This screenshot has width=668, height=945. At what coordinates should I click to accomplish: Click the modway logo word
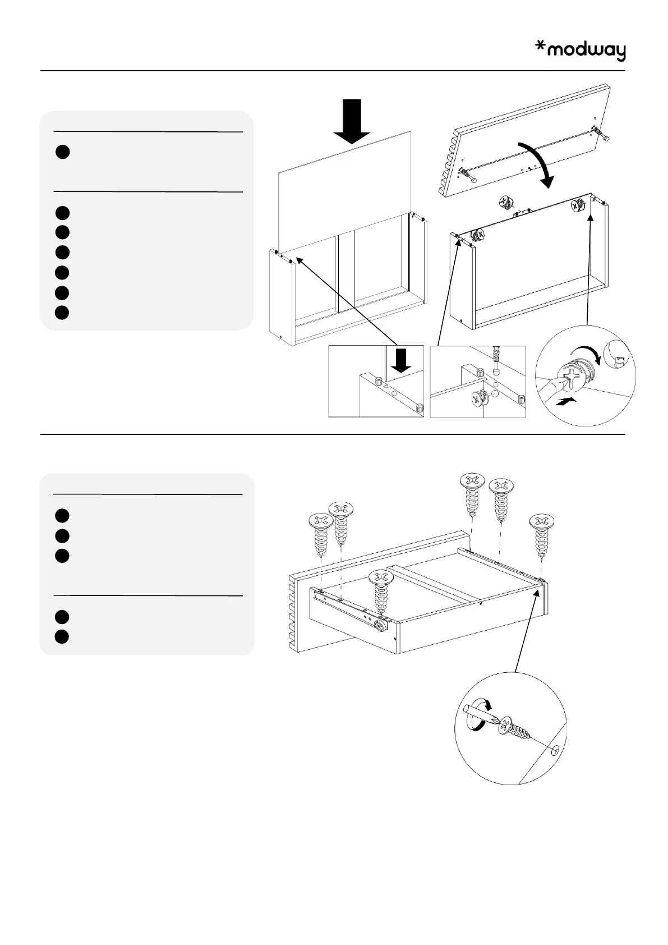[x=586, y=52]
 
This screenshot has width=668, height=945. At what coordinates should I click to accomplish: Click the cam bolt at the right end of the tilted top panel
[x=602, y=135]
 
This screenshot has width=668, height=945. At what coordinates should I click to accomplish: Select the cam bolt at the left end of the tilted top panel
[x=467, y=176]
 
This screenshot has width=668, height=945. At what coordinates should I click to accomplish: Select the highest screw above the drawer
[x=472, y=494]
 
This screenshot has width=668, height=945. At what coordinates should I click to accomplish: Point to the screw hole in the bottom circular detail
[x=555, y=751]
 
